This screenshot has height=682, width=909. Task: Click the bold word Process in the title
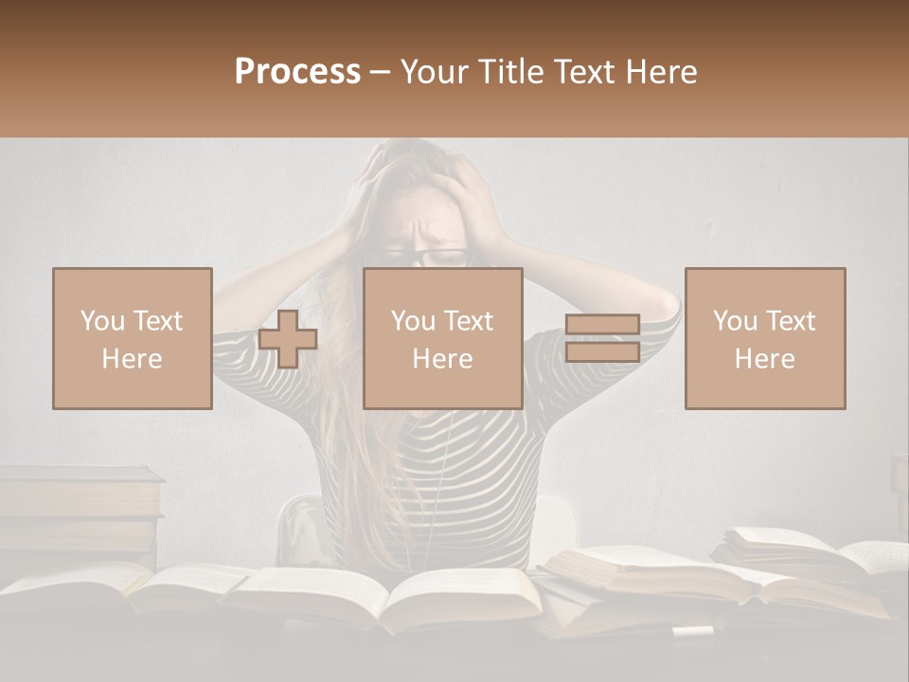[297, 72]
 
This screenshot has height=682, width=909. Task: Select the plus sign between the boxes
[288, 339]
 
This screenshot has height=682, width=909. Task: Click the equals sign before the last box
[602, 339]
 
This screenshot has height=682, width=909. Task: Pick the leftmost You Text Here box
[133, 338]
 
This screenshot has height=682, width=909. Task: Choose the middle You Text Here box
[443, 338]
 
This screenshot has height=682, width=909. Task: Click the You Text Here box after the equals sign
[765, 338]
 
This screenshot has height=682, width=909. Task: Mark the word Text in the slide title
[587, 72]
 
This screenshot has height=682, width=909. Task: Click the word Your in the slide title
[435, 72]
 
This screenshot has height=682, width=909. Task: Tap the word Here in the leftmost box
[132, 359]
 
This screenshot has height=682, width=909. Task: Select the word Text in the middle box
[468, 321]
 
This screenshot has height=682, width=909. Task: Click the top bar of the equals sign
[602, 326]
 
